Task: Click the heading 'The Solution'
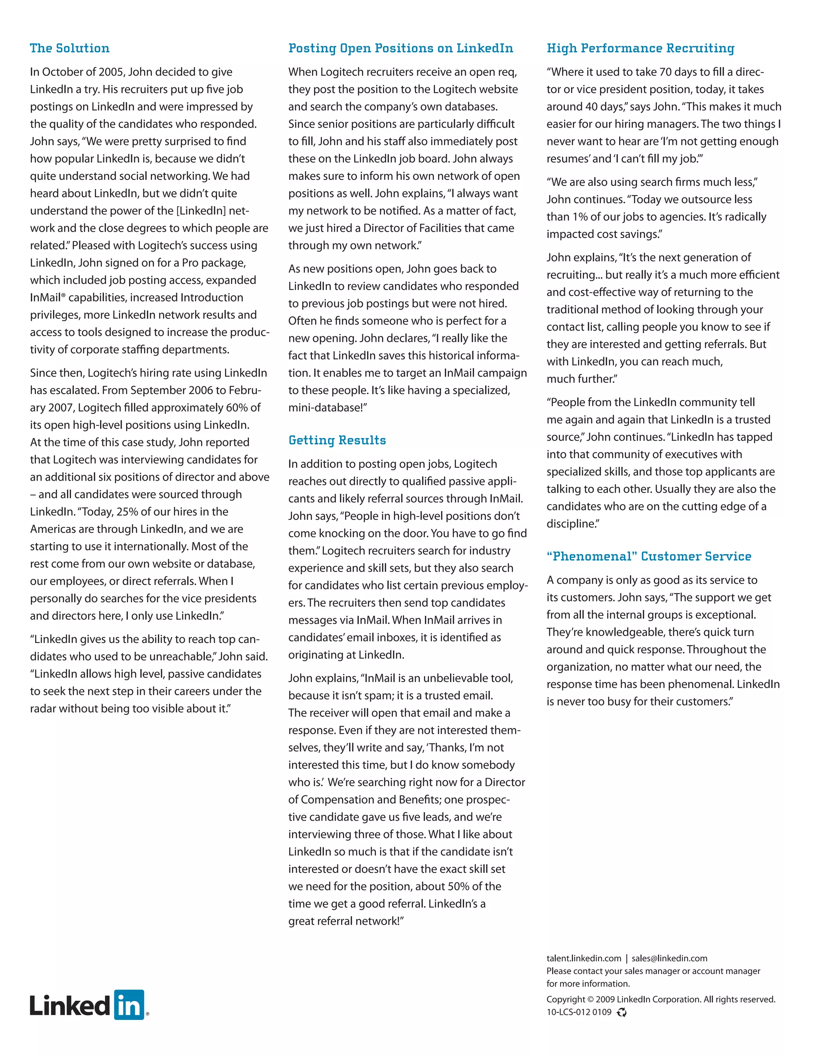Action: click(x=70, y=48)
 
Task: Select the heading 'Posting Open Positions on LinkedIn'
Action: click(x=400, y=48)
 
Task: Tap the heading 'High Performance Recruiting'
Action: click(x=640, y=48)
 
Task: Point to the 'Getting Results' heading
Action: click(x=337, y=440)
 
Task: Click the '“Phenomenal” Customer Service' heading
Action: click(x=649, y=556)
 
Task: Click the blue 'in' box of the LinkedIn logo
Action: click(x=129, y=1005)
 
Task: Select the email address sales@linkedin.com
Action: click(x=669, y=958)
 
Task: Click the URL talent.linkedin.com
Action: click(x=583, y=958)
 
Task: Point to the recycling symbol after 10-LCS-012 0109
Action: click(x=622, y=1012)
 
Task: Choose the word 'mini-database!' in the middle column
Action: click(x=328, y=408)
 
